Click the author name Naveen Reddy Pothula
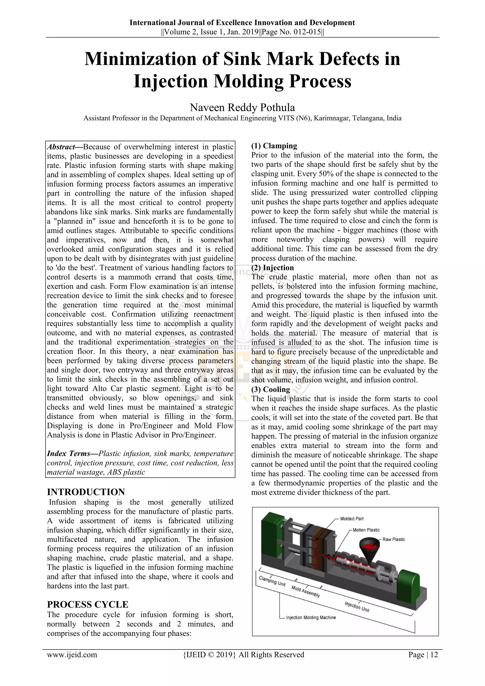pos(242,107)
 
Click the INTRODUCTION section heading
pos(86,492)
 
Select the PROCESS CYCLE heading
pos(87,605)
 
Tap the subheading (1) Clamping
pos(274,146)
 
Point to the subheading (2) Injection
pos(272,268)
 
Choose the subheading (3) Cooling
pos(271,389)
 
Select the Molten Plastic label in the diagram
pos(366,530)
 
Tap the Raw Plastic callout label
pos(394,539)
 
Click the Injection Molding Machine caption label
pos(311,617)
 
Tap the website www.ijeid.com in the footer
pos(72,655)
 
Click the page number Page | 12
pos(423,655)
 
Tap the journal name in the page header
pos(242,23)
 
